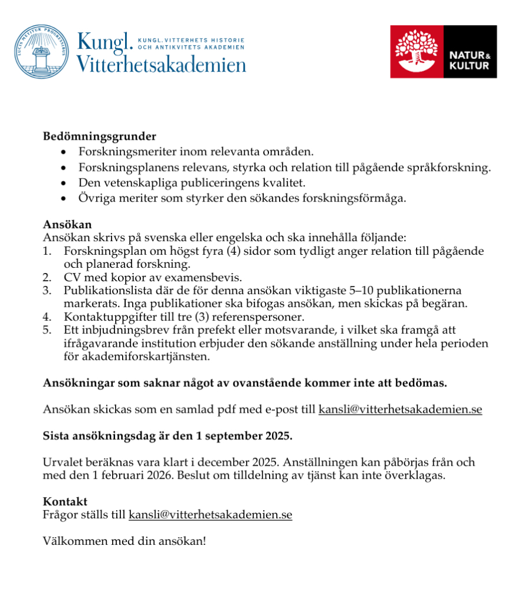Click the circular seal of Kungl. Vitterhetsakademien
pos(41,52)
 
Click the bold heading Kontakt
pos(65,501)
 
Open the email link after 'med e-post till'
pos(400,409)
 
